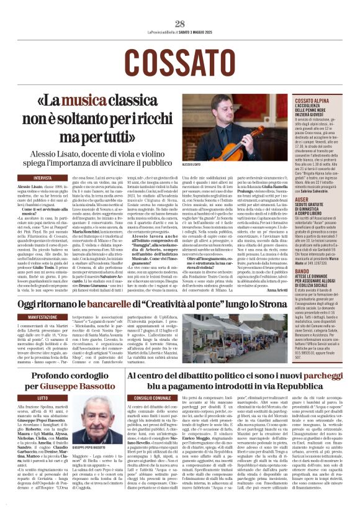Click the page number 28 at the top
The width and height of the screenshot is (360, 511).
180,23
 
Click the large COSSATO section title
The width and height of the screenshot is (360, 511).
180,62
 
